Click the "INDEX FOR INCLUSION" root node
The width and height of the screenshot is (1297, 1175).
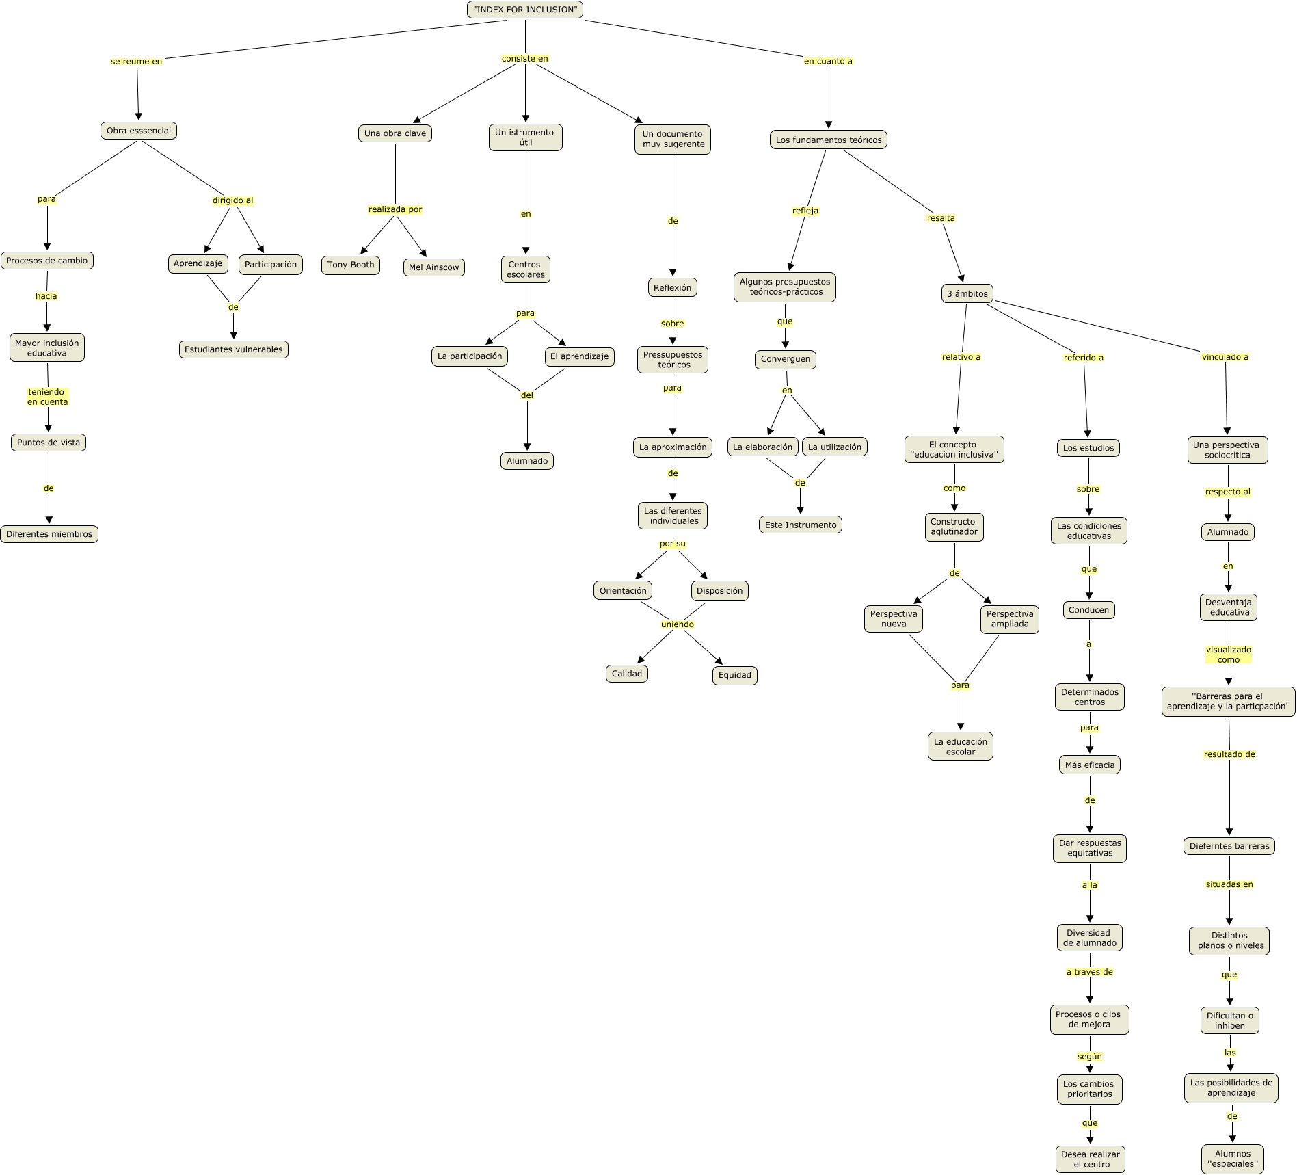pyautogui.click(x=525, y=10)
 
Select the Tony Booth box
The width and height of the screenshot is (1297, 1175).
pyautogui.click(x=351, y=265)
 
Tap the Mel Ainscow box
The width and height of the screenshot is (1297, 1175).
pyautogui.click(x=433, y=267)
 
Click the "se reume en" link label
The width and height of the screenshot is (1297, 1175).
pyautogui.click(x=137, y=62)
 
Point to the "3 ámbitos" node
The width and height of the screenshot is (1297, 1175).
pyautogui.click(x=967, y=294)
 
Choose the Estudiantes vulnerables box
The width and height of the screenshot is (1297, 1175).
pyautogui.click(x=233, y=349)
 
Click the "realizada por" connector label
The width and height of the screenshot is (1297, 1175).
pyautogui.click(x=395, y=209)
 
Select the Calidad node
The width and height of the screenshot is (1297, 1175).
pyautogui.click(x=627, y=674)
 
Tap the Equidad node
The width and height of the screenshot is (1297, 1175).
pyautogui.click(x=734, y=675)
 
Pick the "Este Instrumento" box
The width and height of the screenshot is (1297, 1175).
pyautogui.click(x=800, y=525)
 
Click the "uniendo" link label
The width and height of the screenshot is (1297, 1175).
pyautogui.click(x=678, y=624)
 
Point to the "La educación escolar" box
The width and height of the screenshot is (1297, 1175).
pyautogui.click(x=960, y=746)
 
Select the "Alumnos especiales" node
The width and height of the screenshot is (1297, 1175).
pyautogui.click(x=1233, y=1159)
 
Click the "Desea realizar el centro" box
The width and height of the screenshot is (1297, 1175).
pyautogui.click(x=1090, y=1159)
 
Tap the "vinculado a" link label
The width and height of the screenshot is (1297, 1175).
pyautogui.click(x=1225, y=357)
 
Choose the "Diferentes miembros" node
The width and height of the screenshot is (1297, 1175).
pyautogui.click(x=49, y=534)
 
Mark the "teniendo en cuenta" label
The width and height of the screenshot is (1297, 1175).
pyautogui.click(x=48, y=397)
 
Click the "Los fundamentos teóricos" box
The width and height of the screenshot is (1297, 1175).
pyautogui.click(x=829, y=140)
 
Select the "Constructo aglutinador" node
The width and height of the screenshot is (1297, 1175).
pyautogui.click(x=954, y=527)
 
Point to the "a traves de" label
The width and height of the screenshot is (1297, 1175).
pyautogui.click(x=1089, y=972)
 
